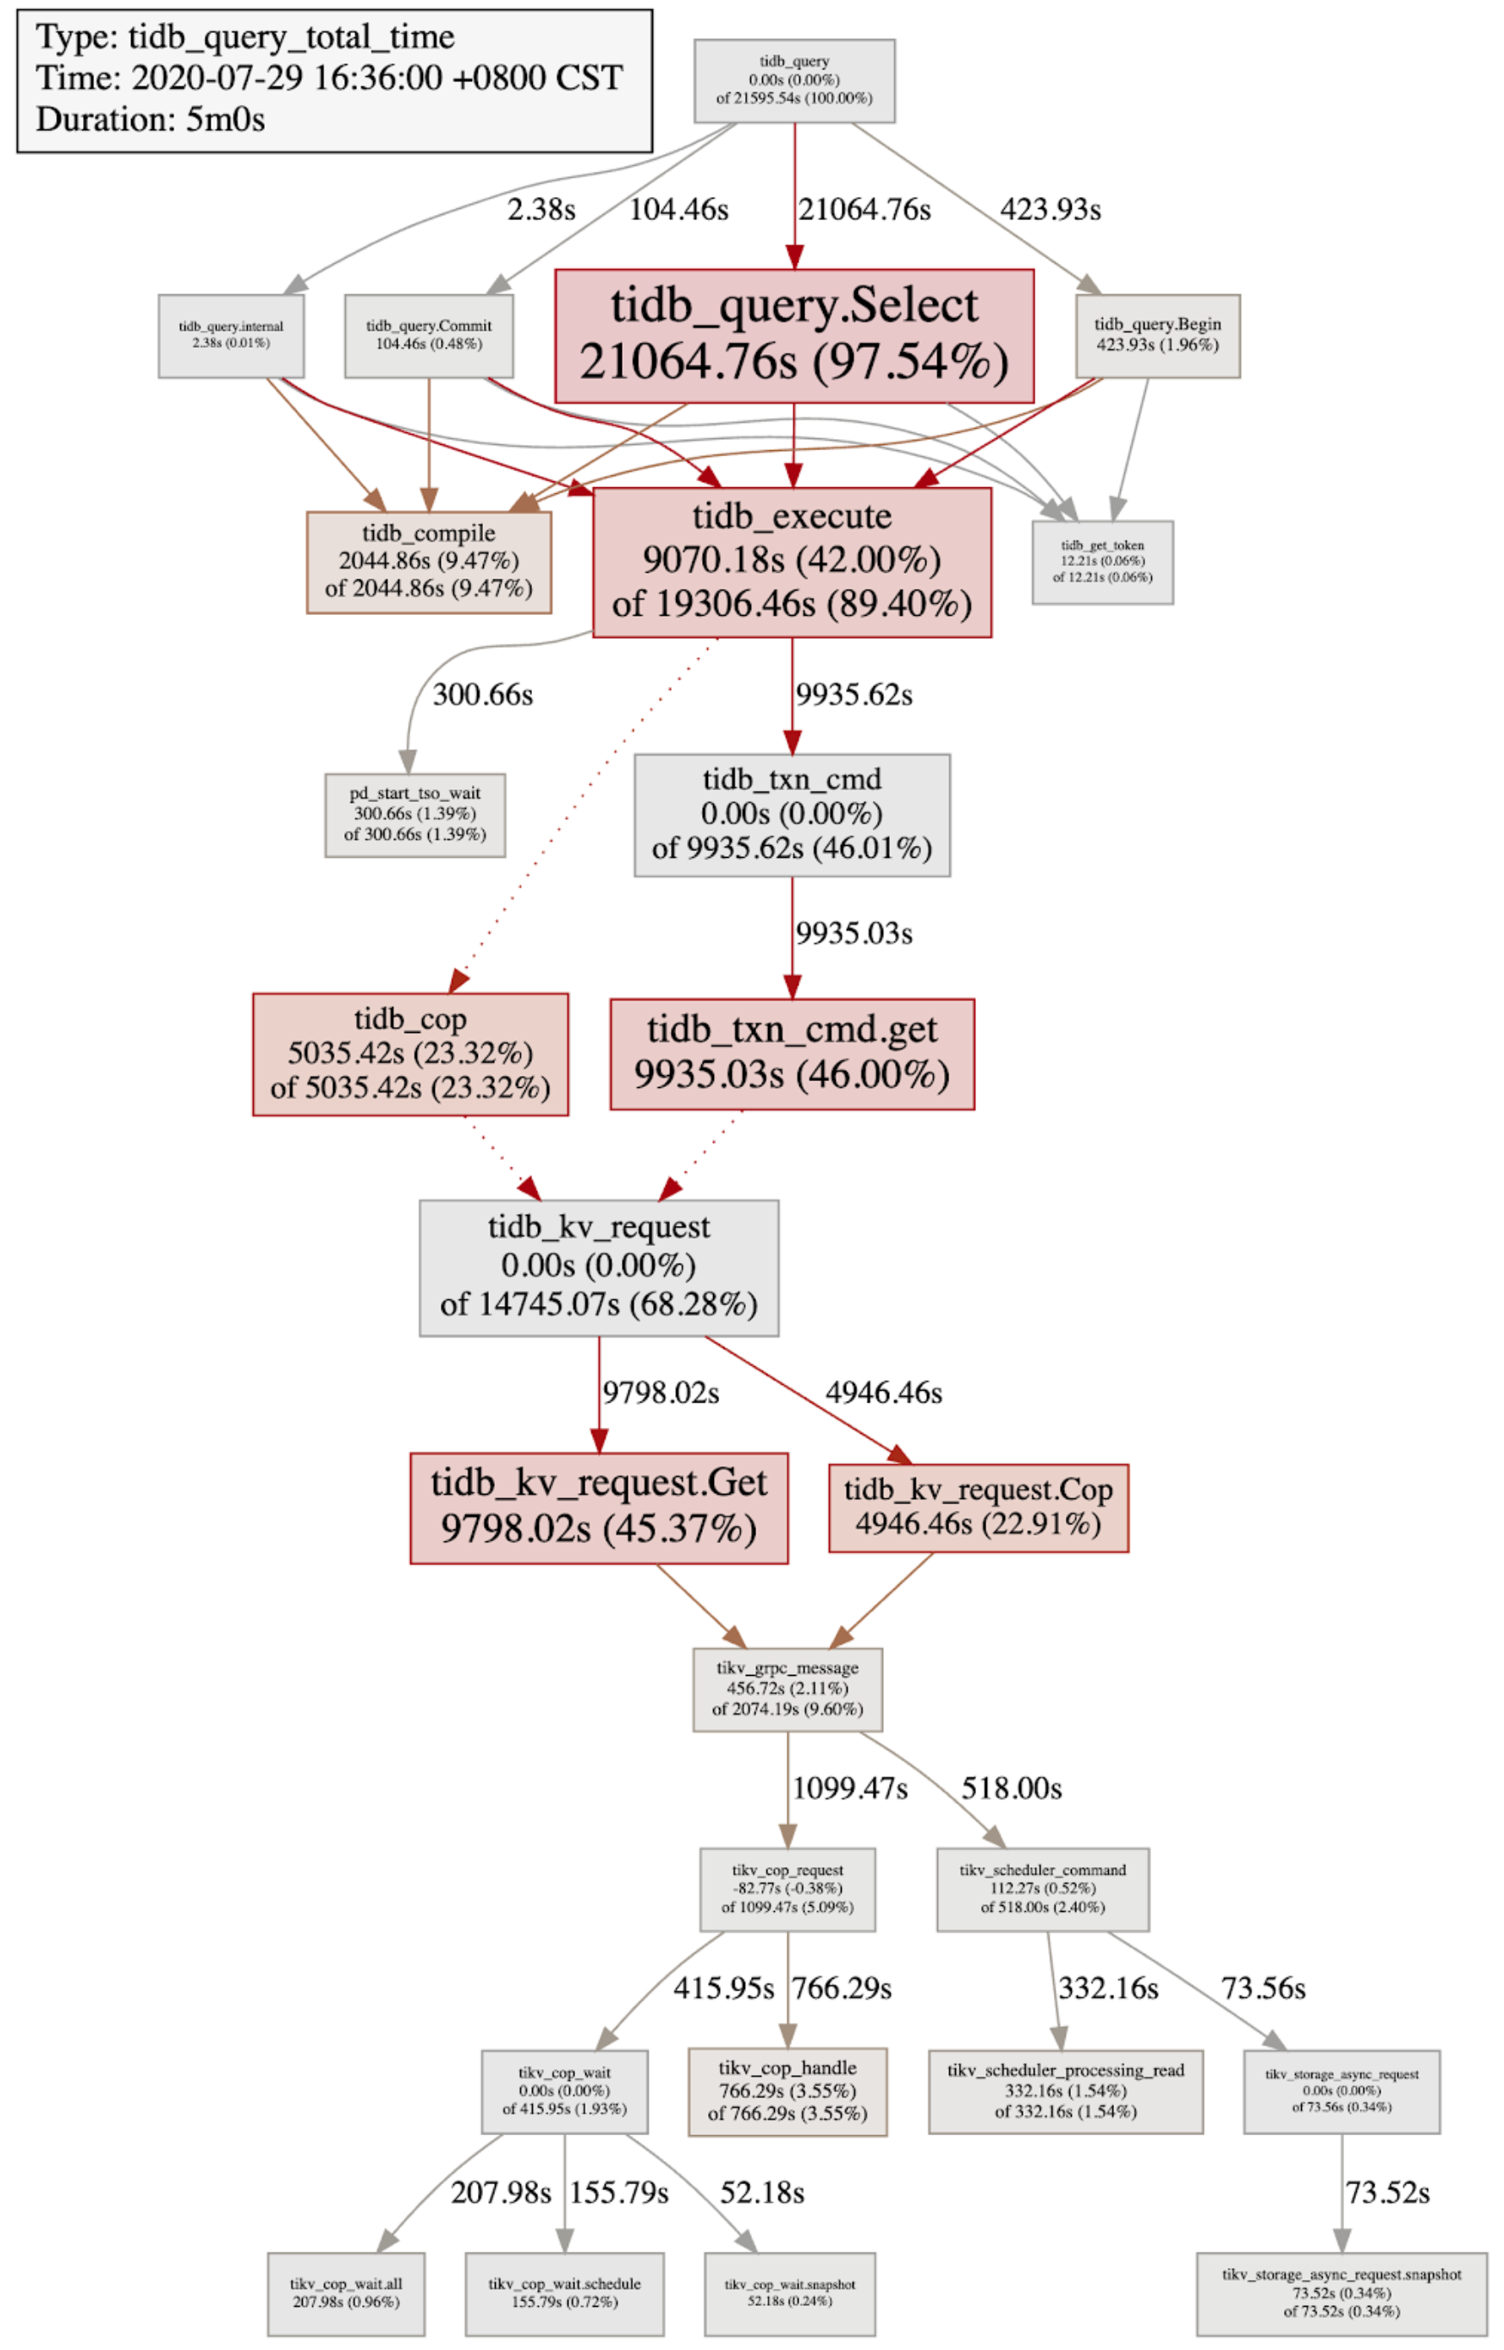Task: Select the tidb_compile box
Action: tap(428, 561)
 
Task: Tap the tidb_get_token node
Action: tap(1101, 562)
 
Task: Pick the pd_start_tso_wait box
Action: tap(414, 815)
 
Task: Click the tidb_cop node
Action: tap(410, 1054)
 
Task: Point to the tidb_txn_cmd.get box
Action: tap(791, 1053)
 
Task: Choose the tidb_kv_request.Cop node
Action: tap(978, 1507)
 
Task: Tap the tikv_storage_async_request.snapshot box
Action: tap(1341, 2293)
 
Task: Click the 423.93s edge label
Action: tap(1050, 209)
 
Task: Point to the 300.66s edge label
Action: tap(482, 695)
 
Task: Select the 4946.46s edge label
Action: tap(883, 1392)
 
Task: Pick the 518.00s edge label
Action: tap(1011, 1788)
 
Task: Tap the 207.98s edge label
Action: tap(501, 2193)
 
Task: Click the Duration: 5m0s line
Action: tap(151, 119)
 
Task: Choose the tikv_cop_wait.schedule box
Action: tap(564, 2293)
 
